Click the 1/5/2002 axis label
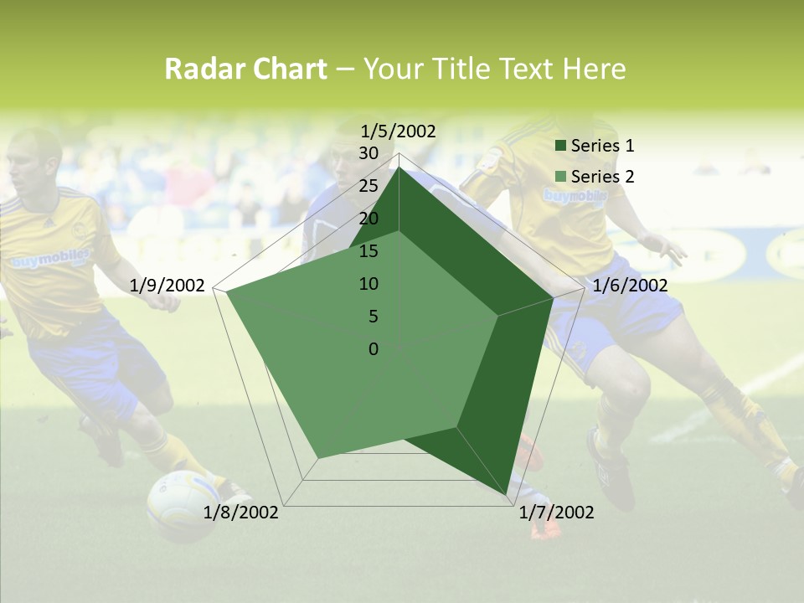pos(399,131)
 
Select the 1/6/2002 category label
pos(630,286)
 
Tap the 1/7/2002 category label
pos(556,513)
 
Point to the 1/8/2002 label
pos(241,513)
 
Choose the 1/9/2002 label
pos(167,286)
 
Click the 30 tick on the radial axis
pos(368,153)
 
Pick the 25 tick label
pos(368,186)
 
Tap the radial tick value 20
pos(368,219)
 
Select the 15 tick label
pos(368,251)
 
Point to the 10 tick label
pos(368,284)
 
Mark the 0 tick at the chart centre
pos(374,349)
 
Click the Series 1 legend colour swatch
pos(561,146)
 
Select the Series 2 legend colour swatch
pos(561,177)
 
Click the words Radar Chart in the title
pos(245,69)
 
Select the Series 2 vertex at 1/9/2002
pos(226,292)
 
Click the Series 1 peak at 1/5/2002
pos(399,167)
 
